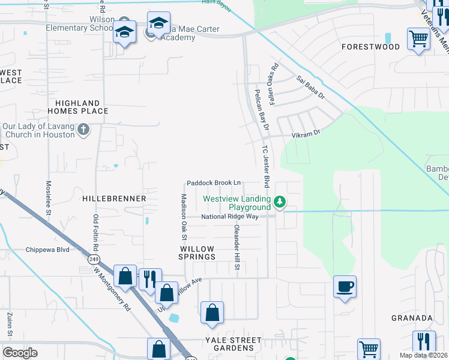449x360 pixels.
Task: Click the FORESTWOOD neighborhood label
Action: (370, 47)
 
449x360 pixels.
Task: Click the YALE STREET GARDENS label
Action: (233, 344)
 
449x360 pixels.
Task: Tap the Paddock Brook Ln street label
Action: (214, 182)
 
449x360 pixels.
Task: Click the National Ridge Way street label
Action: (229, 217)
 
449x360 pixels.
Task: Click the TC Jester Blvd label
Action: (264, 166)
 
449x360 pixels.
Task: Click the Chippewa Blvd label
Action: (47, 250)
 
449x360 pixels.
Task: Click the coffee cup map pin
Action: (345, 287)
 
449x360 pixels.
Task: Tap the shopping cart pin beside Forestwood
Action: (418, 40)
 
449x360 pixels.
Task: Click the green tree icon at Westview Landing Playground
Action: (279, 201)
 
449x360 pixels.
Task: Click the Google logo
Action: (20, 353)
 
